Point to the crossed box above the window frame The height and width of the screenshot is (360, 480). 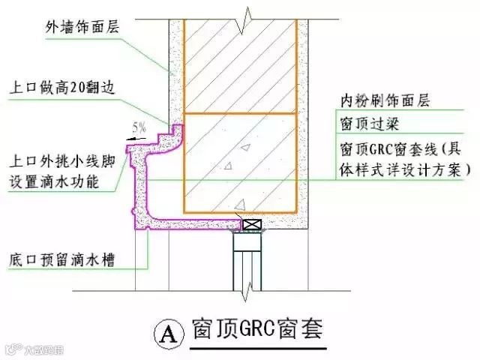(x=250, y=223)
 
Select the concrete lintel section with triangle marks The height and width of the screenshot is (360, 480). (x=239, y=161)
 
